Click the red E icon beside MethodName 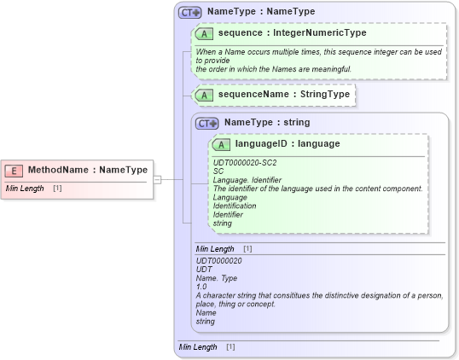pyautogui.click(x=15, y=170)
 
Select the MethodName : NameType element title pyautogui.click(x=87, y=170)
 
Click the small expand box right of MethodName pyautogui.click(x=158, y=179)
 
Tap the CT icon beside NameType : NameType pyautogui.click(x=189, y=12)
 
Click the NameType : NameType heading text pyautogui.click(x=260, y=12)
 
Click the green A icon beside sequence pyautogui.click(x=204, y=33)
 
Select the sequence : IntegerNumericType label pyautogui.click(x=292, y=33)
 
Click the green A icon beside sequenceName pyautogui.click(x=204, y=94)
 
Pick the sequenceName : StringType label pyautogui.click(x=283, y=94)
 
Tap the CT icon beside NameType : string pyautogui.click(x=207, y=123)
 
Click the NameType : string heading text pyautogui.click(x=266, y=123)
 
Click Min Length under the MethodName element pyautogui.click(x=24, y=188)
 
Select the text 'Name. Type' pyautogui.click(x=216, y=277)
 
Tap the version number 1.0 pyautogui.click(x=201, y=287)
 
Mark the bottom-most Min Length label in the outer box pyautogui.click(x=198, y=347)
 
